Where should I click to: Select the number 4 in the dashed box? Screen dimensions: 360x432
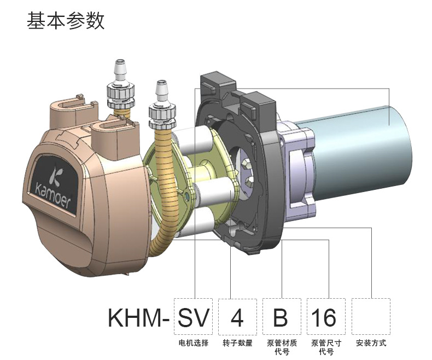[237, 317]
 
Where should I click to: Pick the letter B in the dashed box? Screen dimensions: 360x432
[281, 317]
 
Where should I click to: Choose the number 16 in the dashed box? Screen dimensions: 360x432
[325, 317]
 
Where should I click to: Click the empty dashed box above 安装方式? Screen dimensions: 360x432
[370, 317]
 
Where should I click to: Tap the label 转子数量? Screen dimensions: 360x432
[237, 343]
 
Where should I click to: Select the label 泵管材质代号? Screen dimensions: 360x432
[282, 347]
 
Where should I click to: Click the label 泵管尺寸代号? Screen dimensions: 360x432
[326, 347]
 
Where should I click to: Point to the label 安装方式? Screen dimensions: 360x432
[371, 343]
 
